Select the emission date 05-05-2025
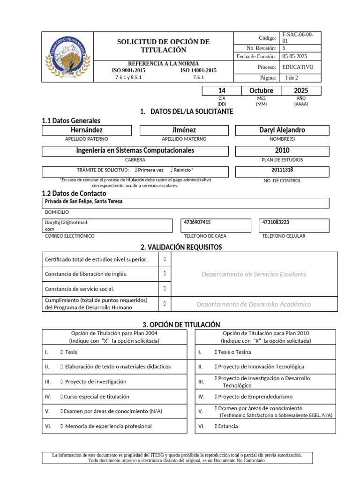pyautogui.click(x=294, y=56)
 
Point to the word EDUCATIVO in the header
pyautogui.click(x=298, y=67)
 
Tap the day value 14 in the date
pyautogui.click(x=222, y=90)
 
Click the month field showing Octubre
pyautogui.click(x=261, y=90)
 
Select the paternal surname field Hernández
pyautogui.click(x=86, y=130)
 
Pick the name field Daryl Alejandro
pyautogui.click(x=282, y=130)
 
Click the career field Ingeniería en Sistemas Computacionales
pyautogui.click(x=135, y=150)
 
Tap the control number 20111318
pyautogui.click(x=282, y=170)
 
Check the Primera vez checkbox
pyautogui.click(x=135, y=170)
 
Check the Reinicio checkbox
pyautogui.click(x=172, y=170)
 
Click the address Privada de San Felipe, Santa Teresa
pyautogui.click(x=83, y=202)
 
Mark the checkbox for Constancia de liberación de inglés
pyautogui.click(x=165, y=274)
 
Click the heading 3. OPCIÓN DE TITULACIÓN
pyautogui.click(x=181, y=324)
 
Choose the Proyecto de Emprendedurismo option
pyautogui.click(x=216, y=397)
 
